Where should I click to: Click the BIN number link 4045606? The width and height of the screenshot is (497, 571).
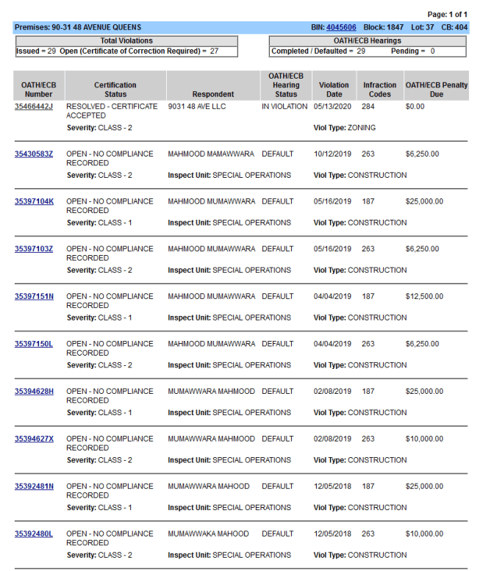341,27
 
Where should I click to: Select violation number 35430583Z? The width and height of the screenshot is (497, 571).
34,154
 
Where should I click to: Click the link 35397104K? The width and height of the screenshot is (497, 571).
34,201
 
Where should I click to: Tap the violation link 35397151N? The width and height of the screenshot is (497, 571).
34,297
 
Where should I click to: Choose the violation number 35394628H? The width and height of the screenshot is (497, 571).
34,392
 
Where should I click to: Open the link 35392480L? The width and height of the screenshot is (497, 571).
34,534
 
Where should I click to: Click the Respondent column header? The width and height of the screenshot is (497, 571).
213,94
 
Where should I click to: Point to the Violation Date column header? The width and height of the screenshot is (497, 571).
334,90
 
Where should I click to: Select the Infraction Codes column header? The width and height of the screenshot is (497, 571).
379,90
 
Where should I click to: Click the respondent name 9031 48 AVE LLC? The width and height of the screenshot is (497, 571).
197,107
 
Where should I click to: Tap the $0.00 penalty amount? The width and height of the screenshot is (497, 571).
415,107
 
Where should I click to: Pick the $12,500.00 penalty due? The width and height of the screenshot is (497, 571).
424,297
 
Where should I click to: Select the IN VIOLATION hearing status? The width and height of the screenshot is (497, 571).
285,107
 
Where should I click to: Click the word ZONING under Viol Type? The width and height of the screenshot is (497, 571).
362,128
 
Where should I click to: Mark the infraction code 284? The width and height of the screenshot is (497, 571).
368,107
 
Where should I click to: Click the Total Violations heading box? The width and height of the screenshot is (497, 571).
126,41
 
